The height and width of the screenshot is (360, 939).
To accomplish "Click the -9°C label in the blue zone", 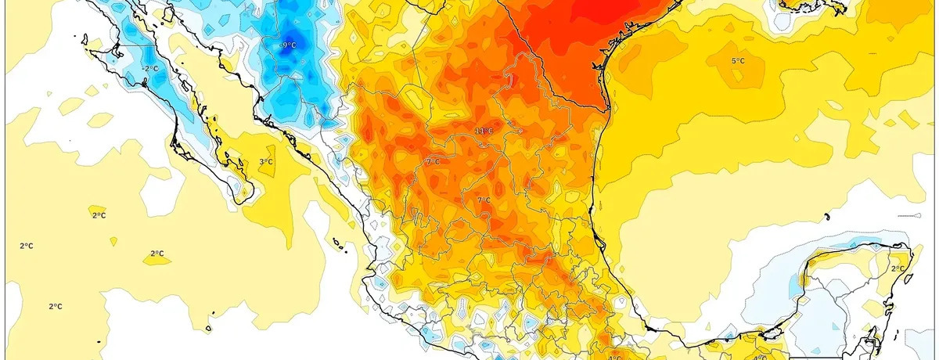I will (x=288, y=45).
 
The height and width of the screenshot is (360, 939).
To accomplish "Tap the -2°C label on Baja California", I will (x=150, y=69).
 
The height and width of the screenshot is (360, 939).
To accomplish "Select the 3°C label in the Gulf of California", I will (x=266, y=162).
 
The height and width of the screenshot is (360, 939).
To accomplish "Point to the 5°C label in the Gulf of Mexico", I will (x=738, y=61).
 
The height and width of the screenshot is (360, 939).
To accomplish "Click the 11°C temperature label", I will (x=484, y=130).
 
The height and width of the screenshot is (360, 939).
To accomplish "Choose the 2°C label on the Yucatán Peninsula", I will (x=897, y=268).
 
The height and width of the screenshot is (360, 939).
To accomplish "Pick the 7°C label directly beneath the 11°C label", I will (x=484, y=200).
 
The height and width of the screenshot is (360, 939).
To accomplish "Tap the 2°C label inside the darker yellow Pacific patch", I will (x=157, y=254).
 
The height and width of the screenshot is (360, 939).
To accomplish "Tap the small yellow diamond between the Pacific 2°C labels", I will (x=114, y=240).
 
